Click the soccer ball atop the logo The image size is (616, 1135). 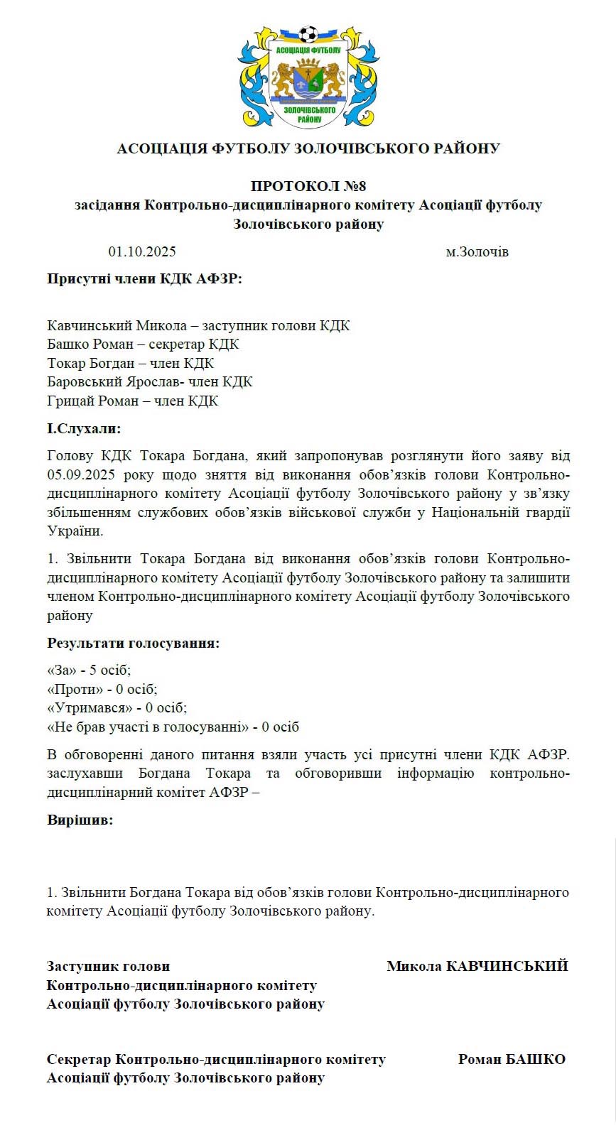click(x=308, y=34)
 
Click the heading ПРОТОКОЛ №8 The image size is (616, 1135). click(x=308, y=186)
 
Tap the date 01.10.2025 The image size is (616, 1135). click(x=142, y=251)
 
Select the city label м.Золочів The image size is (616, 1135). click(x=477, y=251)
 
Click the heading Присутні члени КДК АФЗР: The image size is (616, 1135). click(x=144, y=278)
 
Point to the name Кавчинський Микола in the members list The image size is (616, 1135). click(x=117, y=325)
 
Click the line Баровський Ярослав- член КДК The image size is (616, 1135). click(x=149, y=381)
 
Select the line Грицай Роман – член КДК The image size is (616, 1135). click(x=132, y=401)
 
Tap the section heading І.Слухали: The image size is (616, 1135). click(x=84, y=428)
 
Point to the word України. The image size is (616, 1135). click(x=75, y=531)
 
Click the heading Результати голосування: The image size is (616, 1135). click(x=133, y=643)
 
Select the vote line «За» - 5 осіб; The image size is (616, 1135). click(x=89, y=670)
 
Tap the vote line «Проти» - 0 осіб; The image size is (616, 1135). click(x=102, y=689)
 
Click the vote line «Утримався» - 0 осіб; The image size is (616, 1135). click(x=117, y=707)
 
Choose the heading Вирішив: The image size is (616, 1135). click(x=80, y=820)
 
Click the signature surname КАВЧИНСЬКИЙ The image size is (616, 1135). click(x=507, y=966)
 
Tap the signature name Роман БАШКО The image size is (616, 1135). click(x=512, y=1059)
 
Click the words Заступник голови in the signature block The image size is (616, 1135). click(x=108, y=966)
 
